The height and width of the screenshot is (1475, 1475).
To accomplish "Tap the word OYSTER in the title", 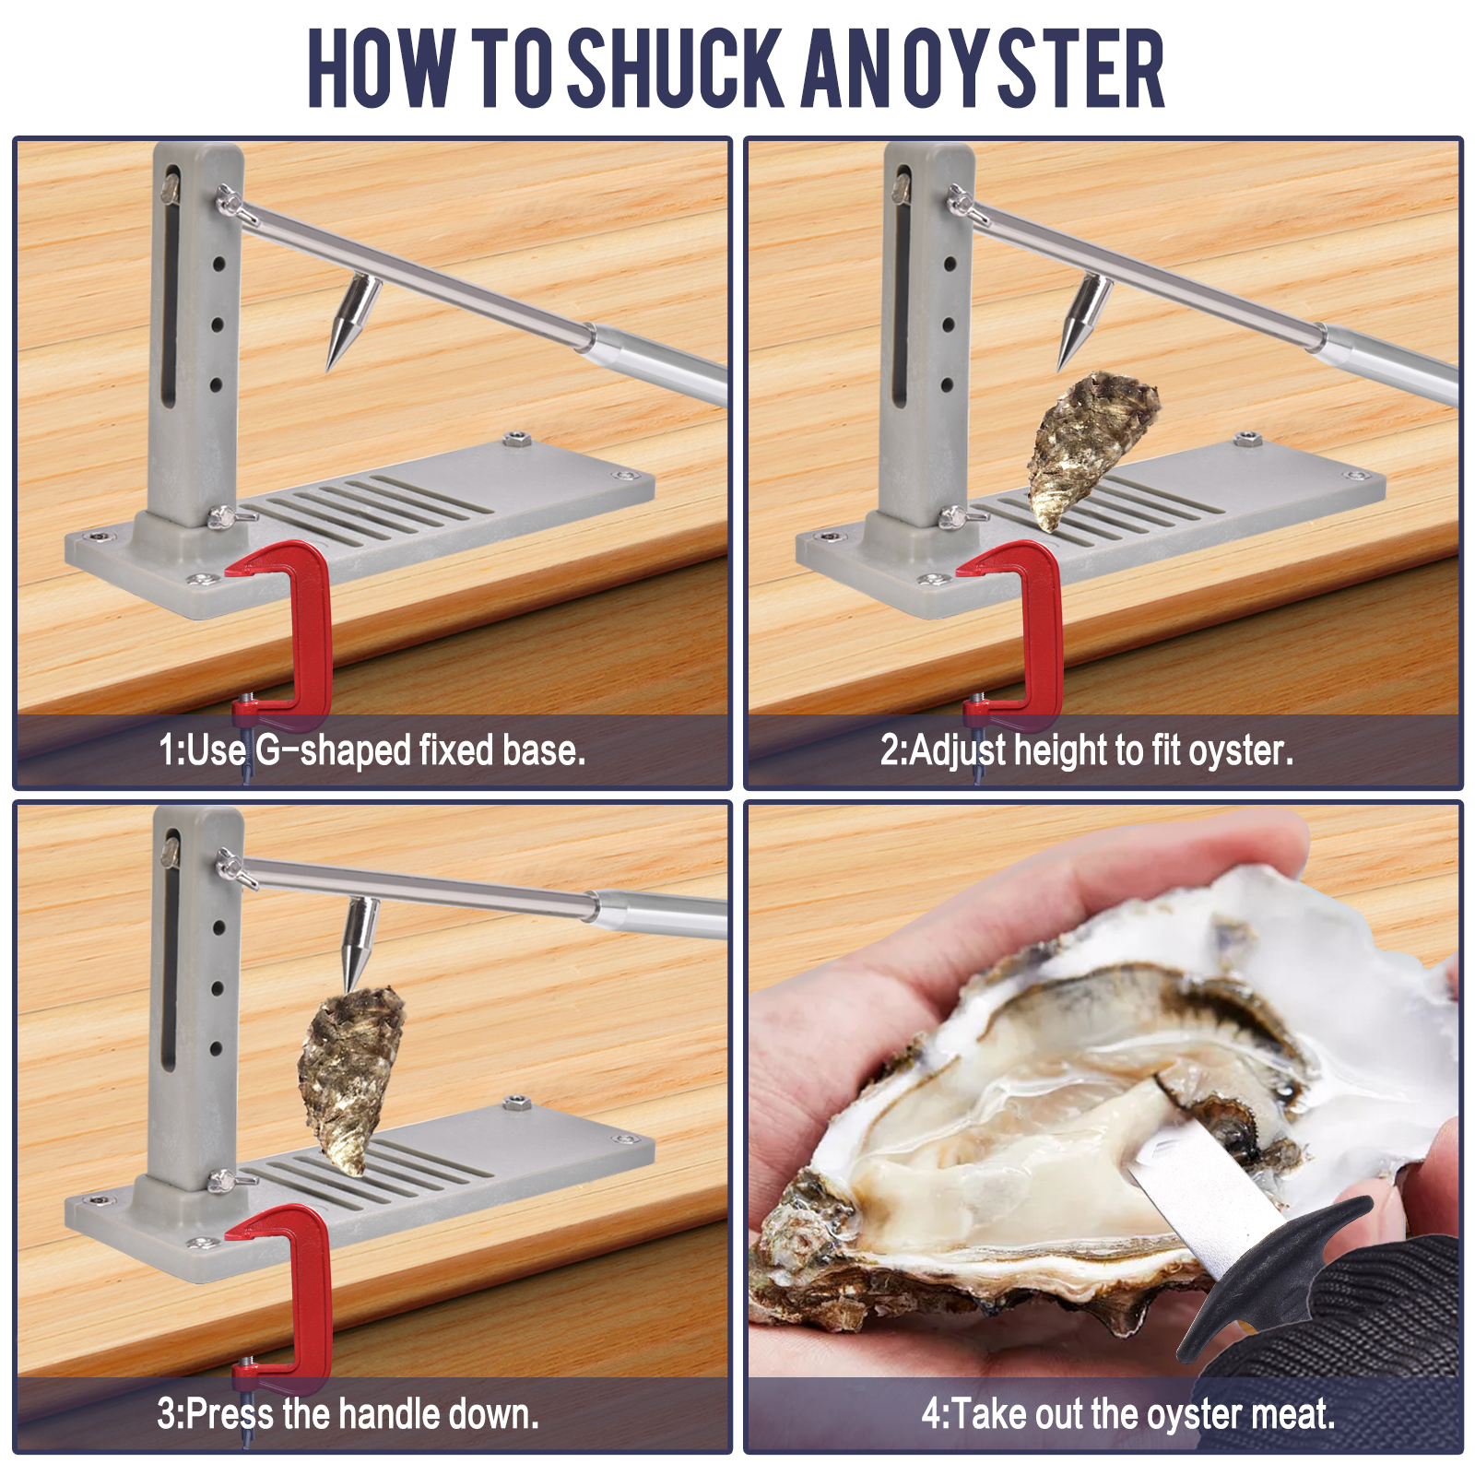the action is pyautogui.click(x=1033, y=69).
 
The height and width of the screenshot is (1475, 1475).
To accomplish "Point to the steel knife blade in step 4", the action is pyautogui.click(x=1198, y=1189).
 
